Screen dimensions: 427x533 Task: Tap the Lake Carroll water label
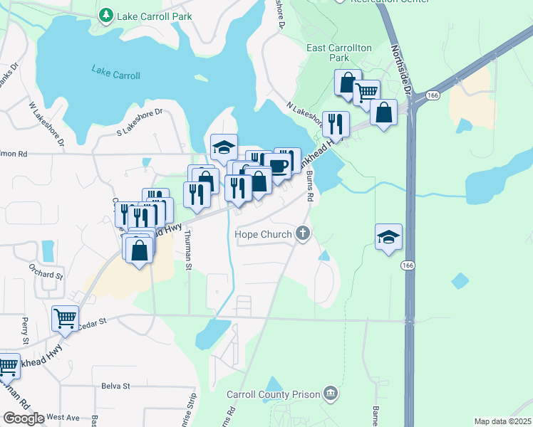point(115,71)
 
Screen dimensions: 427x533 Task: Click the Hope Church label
point(264,234)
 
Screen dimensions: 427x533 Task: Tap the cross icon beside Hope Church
point(303,233)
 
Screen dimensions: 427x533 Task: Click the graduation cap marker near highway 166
point(389,237)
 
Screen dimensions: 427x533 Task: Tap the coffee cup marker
point(279,166)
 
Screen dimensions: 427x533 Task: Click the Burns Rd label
point(309,186)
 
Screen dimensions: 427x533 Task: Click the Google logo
point(24,418)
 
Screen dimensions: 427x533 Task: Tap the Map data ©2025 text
point(502,421)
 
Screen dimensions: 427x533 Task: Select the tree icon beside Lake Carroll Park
point(106,14)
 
